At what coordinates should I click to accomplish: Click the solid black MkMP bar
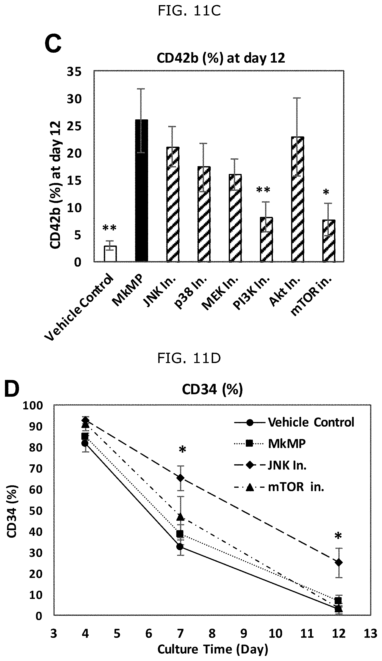tap(141, 191)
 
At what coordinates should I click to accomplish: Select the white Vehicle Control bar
tap(110, 254)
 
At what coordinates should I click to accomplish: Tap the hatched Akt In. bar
tap(297, 199)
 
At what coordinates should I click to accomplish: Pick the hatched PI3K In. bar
tap(266, 239)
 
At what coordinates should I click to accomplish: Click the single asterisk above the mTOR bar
tap(326, 192)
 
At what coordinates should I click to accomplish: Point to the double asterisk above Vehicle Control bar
tap(109, 228)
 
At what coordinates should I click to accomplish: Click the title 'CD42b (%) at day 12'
tap(221, 58)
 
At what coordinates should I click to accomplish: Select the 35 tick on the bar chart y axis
tap(74, 72)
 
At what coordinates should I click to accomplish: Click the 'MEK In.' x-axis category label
tap(220, 294)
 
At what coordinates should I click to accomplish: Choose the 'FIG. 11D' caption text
tap(189, 358)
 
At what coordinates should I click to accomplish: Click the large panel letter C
tap(53, 44)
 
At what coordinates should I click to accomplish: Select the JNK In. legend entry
tap(270, 466)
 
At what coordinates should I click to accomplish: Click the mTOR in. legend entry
tap(279, 487)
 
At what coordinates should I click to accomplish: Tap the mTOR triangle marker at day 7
tap(180, 516)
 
